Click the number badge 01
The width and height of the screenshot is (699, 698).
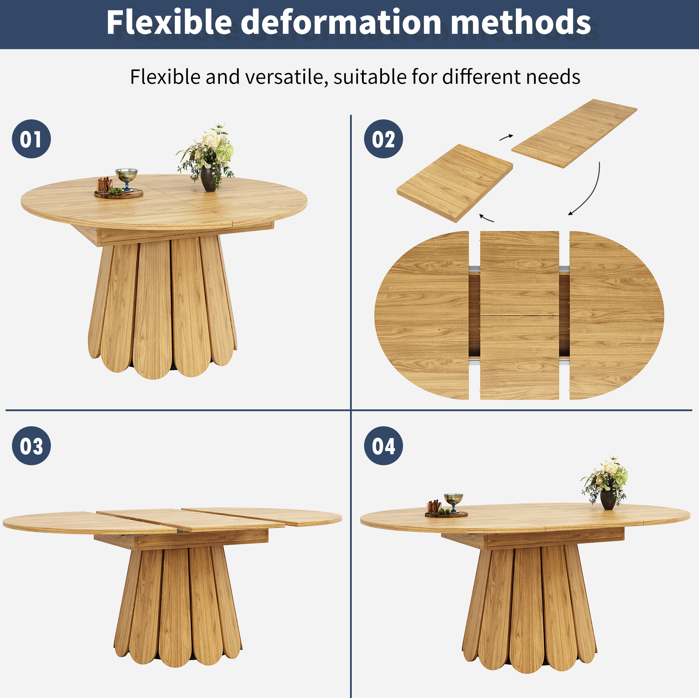point(32,139)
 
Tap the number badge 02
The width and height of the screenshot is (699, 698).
point(383,139)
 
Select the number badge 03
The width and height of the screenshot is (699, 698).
point(32,446)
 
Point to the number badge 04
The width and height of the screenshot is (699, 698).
point(383,446)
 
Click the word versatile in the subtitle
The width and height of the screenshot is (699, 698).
point(286,77)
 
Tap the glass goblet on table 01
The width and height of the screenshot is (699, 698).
point(126,178)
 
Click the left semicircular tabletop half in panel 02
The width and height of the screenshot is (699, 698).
point(422,316)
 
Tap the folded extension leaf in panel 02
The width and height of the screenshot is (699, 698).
point(455,183)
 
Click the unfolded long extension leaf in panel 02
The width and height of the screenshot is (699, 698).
point(574,133)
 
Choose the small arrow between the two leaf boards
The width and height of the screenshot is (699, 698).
point(506,137)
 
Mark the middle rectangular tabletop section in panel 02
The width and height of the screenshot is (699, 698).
point(520,316)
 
